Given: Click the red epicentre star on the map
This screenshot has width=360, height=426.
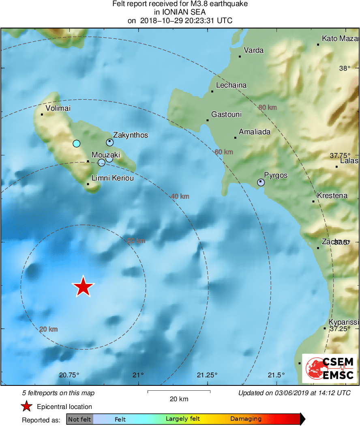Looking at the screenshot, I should coord(83,286).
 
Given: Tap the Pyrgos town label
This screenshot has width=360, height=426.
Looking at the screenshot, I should coord(276,175).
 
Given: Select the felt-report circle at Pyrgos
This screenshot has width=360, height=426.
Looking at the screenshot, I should coord(261,183).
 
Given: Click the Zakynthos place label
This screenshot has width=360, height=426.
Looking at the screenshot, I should coord(131,135).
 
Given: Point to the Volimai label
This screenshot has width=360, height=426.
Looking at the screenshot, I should coord(58,108).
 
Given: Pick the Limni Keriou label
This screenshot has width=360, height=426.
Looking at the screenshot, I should coord(113,178).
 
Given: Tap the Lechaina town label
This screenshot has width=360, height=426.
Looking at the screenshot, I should coord(231,85).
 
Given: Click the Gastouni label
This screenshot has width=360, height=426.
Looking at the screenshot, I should coord(226,114).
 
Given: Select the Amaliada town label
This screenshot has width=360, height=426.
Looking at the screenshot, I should coord(255,132).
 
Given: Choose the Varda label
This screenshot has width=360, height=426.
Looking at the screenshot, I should coord(253,50).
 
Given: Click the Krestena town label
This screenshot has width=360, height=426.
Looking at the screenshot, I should coord(332,196).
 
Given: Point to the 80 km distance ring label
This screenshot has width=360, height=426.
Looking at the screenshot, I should coord(268,108).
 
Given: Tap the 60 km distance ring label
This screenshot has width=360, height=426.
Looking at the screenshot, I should coord(224,152).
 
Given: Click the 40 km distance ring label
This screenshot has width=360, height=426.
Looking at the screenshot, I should coord(180,196).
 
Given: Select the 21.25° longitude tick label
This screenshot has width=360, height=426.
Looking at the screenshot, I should coord(208,374).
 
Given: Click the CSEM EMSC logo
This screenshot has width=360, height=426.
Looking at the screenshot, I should coord(329,368).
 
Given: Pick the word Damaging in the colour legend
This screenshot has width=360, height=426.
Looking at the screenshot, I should coord(246,419).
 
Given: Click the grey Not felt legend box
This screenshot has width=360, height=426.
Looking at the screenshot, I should coord(79,419).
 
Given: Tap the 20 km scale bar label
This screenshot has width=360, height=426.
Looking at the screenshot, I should coord(179,399).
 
